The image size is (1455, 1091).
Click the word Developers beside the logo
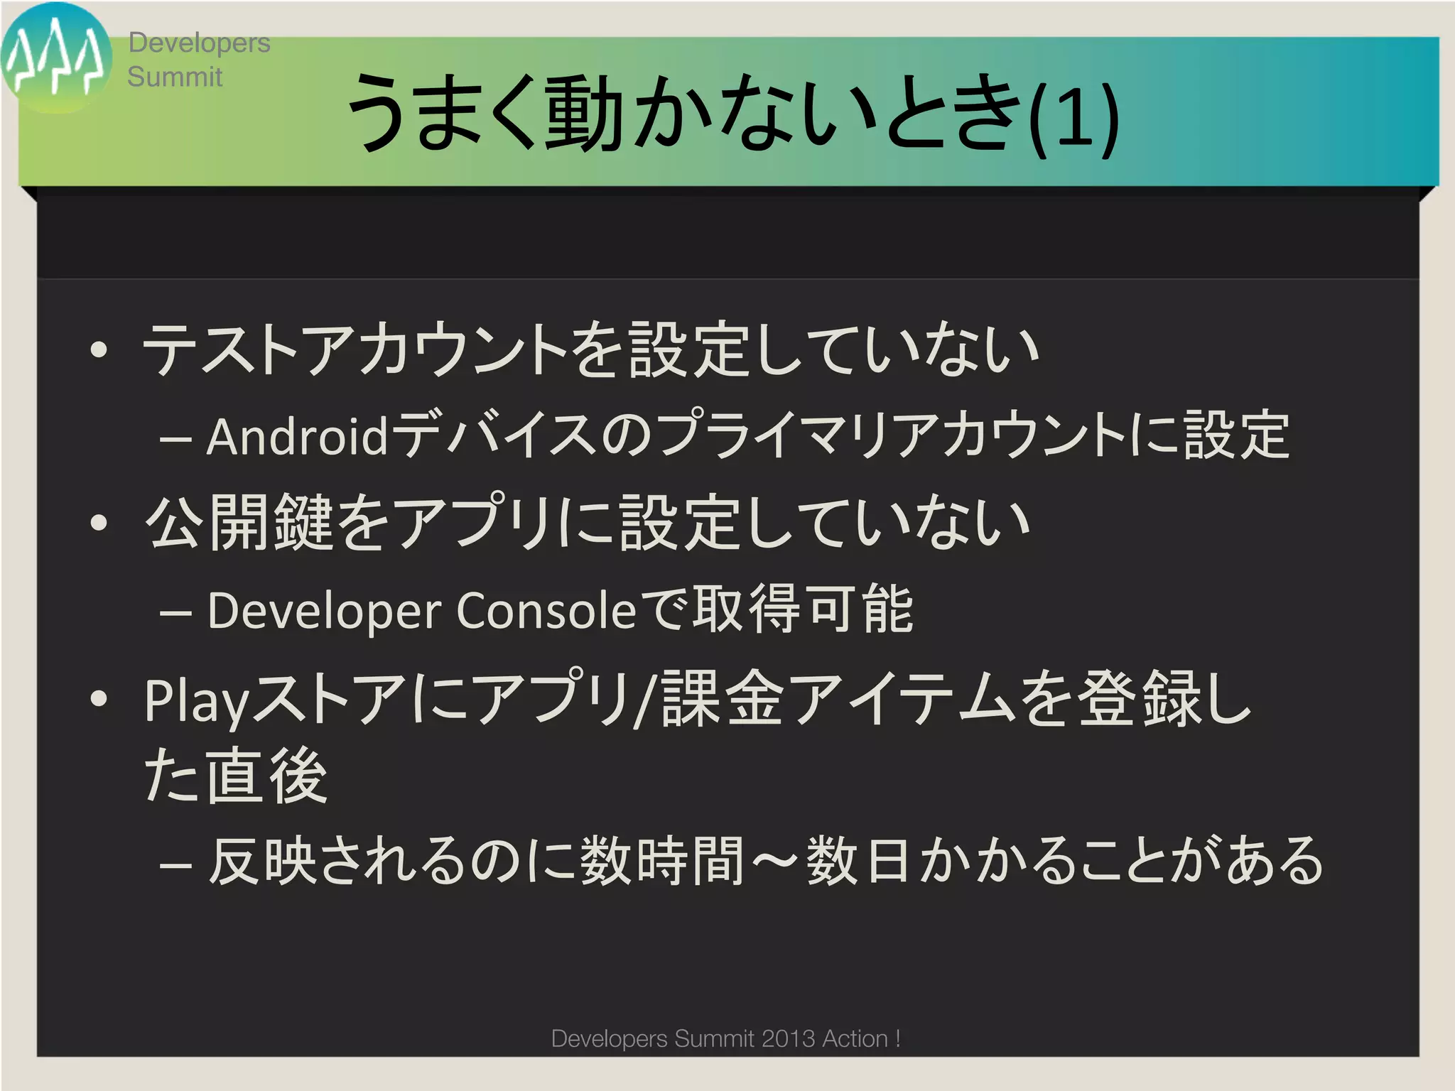(x=199, y=43)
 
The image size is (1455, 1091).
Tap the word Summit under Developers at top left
(x=175, y=77)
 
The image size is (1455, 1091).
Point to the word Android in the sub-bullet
(x=298, y=436)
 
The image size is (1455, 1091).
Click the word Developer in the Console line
(x=325, y=611)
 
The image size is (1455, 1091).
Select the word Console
(x=546, y=611)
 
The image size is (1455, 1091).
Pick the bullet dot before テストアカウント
(x=99, y=350)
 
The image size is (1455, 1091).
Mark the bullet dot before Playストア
(x=99, y=698)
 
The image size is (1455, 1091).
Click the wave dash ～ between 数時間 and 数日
(x=774, y=862)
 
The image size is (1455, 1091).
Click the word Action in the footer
(x=855, y=1038)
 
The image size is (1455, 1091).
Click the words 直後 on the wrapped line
(x=266, y=776)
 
